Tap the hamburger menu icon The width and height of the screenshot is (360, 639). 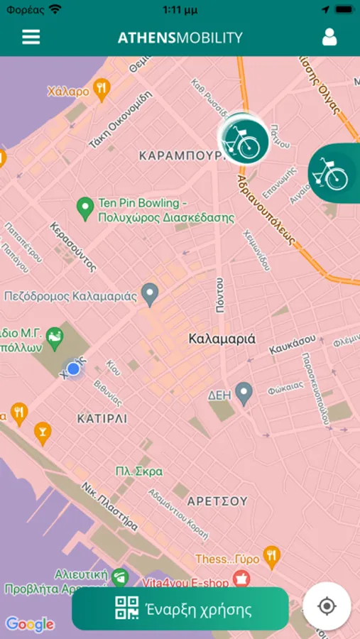pos(31,38)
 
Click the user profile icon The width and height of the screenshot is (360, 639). pos(329,38)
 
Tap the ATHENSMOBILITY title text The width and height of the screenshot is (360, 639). pos(180,38)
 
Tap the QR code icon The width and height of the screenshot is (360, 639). pos(127,609)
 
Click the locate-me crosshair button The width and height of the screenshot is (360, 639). pos(327,606)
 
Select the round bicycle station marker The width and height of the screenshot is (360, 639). pos(244,140)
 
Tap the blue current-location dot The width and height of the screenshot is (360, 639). pos(73,369)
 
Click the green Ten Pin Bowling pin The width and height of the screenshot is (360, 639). pos(85,209)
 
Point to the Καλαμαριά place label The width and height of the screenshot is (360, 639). pos(222,339)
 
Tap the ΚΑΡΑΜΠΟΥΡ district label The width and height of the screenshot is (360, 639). pos(176,155)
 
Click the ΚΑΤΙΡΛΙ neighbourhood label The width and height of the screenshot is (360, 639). pos(102,419)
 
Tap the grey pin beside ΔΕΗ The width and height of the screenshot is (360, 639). pos(244,393)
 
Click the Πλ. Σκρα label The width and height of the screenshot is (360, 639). pos(139,471)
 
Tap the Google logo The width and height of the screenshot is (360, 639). pos(30,624)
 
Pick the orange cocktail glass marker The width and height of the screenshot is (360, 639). pos(43,432)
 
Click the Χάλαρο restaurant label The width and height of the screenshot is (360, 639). pos(68,91)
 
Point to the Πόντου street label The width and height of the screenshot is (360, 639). pos(220,295)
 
